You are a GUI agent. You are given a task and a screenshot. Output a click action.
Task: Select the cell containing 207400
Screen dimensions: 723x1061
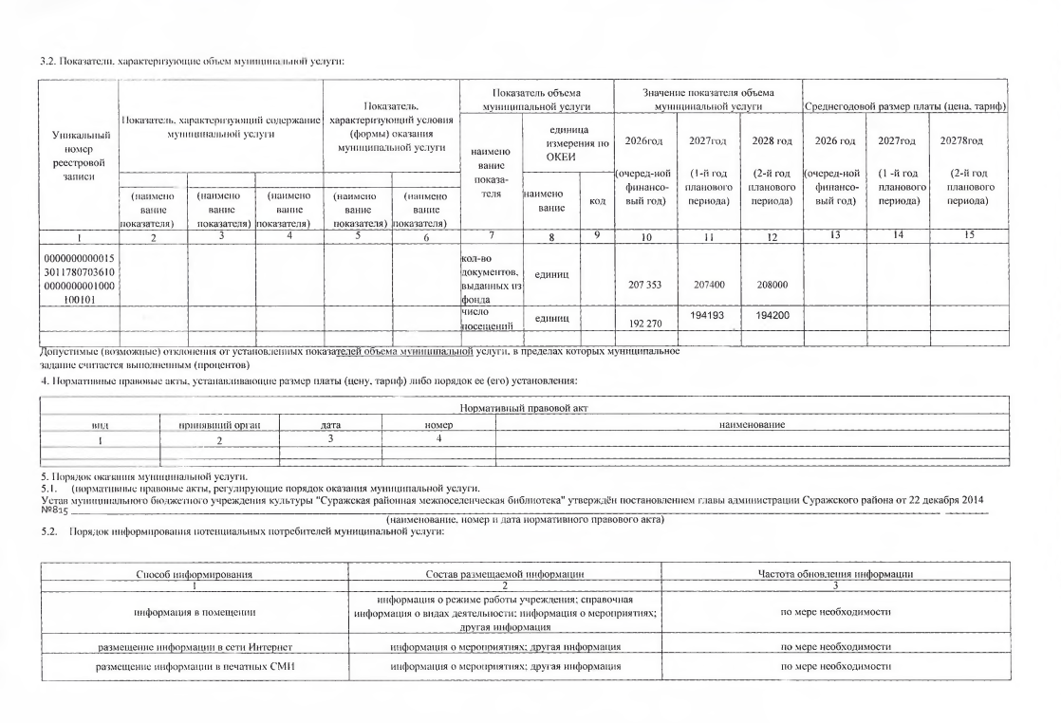click(707, 284)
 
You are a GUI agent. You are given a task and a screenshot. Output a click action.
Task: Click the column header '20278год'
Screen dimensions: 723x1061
click(967, 141)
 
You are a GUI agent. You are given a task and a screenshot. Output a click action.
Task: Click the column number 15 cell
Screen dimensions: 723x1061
click(967, 233)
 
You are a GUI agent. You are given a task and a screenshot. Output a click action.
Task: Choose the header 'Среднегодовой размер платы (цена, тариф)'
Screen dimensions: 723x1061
click(904, 105)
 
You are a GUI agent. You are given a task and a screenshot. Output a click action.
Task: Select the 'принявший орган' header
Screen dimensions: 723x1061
click(219, 425)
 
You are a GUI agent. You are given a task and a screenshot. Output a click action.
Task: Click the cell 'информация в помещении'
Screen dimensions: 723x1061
click(194, 612)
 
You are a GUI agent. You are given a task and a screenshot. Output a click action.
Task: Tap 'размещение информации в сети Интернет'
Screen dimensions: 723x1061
click(194, 646)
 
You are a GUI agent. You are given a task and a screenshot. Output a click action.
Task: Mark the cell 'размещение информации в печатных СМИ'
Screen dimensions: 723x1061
click(194, 666)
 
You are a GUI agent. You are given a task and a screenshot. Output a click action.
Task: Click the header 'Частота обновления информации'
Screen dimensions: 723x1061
click(835, 574)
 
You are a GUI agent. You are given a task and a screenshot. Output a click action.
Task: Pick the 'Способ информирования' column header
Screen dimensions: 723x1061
click(194, 574)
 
